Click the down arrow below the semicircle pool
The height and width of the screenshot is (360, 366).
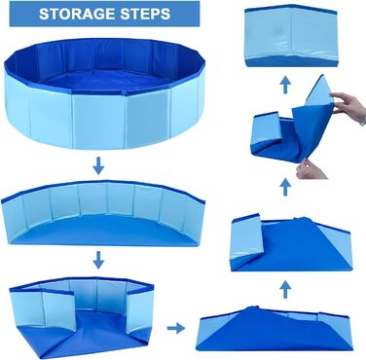(x=96, y=260)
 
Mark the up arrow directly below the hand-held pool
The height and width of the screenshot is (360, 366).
(x=283, y=185)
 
